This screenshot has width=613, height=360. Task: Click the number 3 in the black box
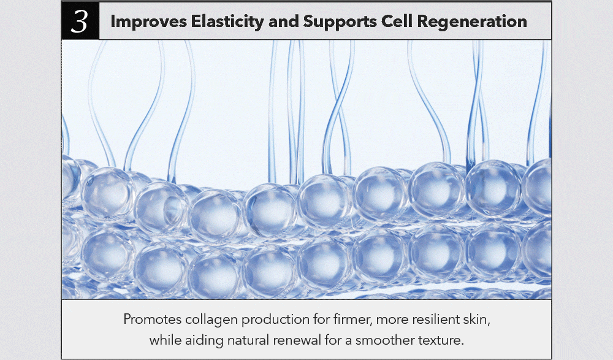click(79, 21)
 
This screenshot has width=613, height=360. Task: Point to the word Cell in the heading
click(397, 21)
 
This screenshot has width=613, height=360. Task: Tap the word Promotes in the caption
click(153, 320)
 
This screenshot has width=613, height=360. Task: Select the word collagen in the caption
click(211, 320)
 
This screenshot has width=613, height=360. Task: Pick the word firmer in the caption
click(354, 320)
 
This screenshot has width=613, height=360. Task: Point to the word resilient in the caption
click(430, 320)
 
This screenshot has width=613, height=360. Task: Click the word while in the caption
click(166, 340)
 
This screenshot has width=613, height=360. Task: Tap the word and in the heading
click(283, 21)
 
